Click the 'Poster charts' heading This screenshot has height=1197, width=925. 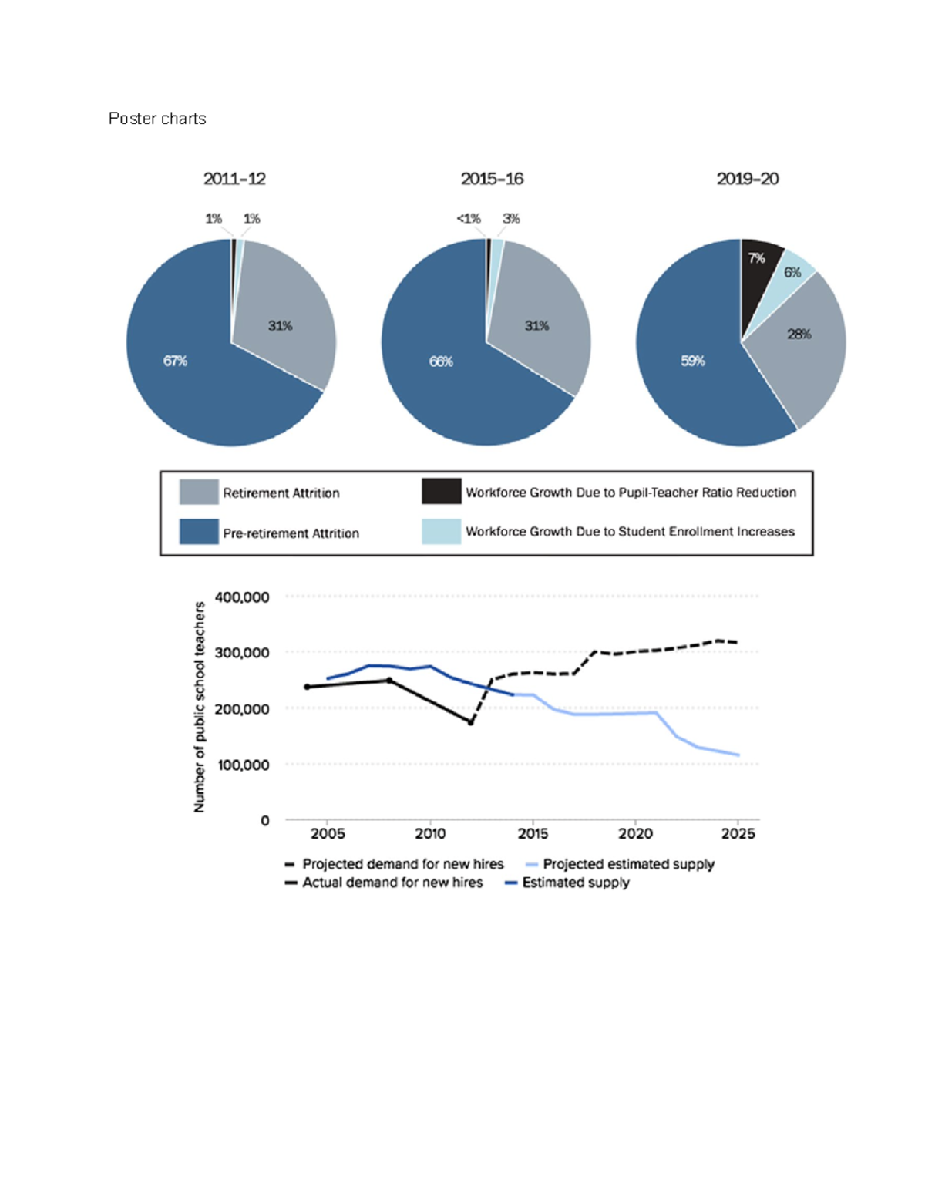(157, 119)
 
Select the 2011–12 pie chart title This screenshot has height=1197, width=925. (234, 179)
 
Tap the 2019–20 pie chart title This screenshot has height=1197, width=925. (747, 179)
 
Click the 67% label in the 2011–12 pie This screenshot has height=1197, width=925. (175, 361)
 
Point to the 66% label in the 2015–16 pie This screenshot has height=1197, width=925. (441, 361)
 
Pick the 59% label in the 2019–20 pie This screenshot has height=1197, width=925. (692, 361)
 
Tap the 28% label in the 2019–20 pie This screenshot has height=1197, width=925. (799, 334)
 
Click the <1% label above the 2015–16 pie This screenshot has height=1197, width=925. (468, 219)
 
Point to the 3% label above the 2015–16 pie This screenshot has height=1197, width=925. (511, 219)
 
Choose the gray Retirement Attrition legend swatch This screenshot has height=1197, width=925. (199, 492)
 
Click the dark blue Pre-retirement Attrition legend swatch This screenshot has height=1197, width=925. (199, 532)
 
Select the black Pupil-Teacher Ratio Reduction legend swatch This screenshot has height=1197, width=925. (441, 491)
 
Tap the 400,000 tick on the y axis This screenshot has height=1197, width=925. (242, 597)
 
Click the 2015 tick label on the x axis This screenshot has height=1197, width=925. (533, 833)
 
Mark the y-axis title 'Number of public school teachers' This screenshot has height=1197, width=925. (200, 707)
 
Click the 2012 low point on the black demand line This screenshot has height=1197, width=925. (471, 722)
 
